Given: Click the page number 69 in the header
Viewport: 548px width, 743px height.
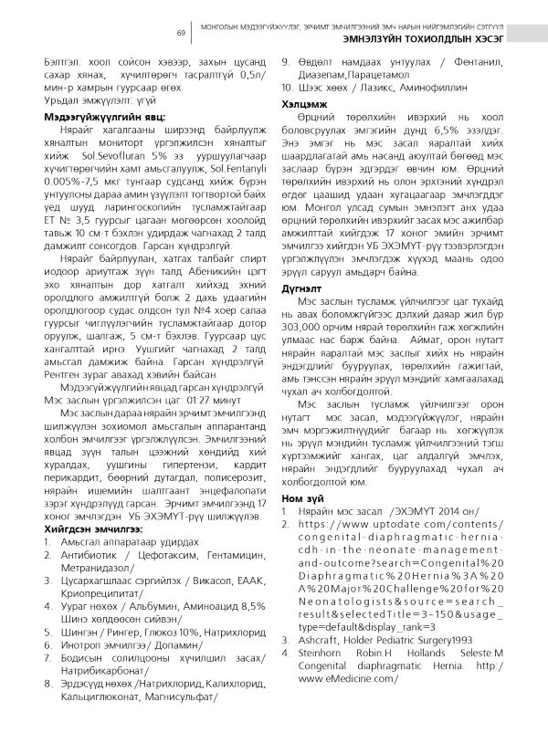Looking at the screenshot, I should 181,34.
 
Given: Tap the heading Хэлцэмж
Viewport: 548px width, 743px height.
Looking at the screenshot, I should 301,106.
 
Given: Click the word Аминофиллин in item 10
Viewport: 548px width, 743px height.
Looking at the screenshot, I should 449,89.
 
